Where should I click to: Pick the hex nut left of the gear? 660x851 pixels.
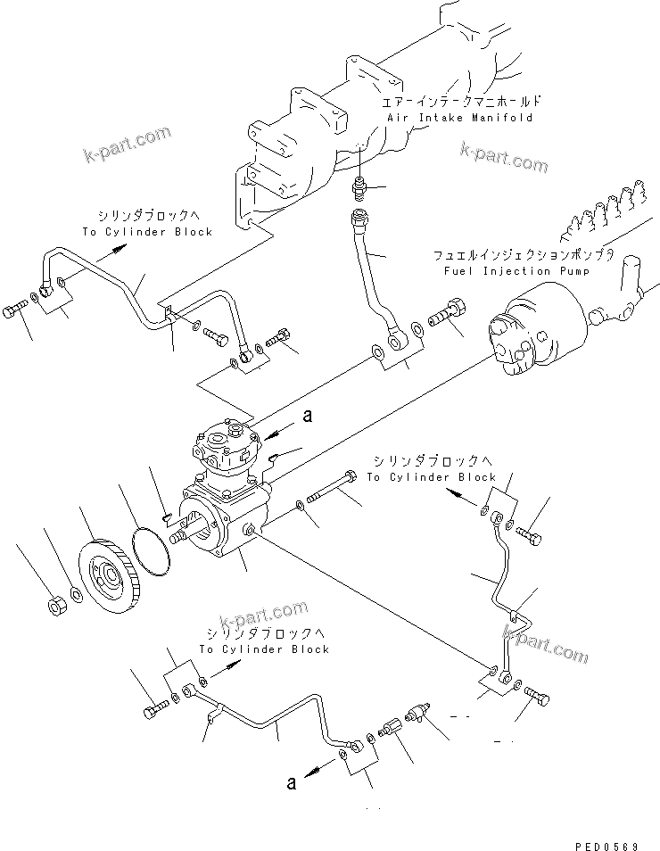(x=55, y=608)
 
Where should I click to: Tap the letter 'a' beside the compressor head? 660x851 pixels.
(x=309, y=416)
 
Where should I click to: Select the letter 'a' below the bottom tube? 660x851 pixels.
(x=292, y=783)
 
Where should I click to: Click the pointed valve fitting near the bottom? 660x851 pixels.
(x=417, y=711)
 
